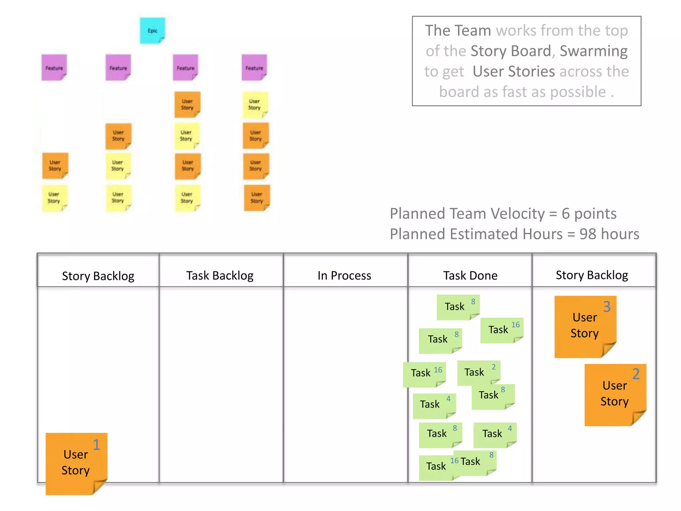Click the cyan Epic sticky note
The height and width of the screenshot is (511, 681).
[x=152, y=31]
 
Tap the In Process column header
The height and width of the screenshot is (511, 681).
[x=344, y=275]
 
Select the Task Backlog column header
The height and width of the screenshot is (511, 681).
[x=220, y=275]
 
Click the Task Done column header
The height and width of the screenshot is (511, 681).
[x=470, y=275]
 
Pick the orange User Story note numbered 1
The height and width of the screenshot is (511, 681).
[x=76, y=463]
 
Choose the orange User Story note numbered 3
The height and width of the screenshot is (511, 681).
[x=585, y=326]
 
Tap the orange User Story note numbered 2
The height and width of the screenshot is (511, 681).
[x=615, y=394]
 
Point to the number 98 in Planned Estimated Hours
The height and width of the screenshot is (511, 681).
[x=588, y=234]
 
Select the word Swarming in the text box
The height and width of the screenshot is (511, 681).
[x=594, y=51]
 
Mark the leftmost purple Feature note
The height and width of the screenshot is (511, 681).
[x=54, y=68]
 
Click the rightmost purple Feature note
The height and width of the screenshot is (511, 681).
[x=254, y=68]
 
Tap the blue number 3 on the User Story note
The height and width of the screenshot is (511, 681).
[x=607, y=306]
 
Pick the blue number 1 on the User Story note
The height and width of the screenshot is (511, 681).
[x=96, y=444]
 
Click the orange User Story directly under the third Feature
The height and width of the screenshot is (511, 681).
[x=187, y=104]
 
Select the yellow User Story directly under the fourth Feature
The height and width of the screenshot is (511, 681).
[x=255, y=104]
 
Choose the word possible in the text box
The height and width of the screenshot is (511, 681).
[x=578, y=92]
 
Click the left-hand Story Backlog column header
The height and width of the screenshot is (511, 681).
[x=98, y=276]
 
